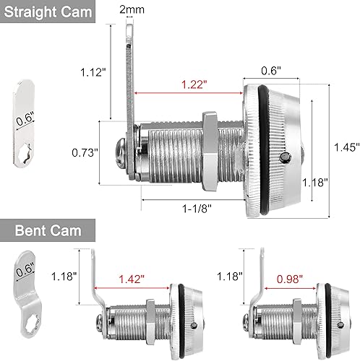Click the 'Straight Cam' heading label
click(50, 13)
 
